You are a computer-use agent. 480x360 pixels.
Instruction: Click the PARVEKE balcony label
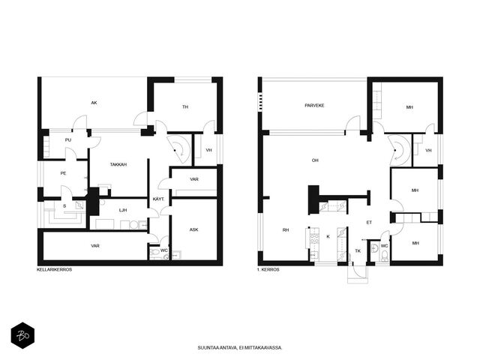(314, 105)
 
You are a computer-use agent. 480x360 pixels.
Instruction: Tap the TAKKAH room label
(118, 164)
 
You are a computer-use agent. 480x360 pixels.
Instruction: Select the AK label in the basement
(94, 103)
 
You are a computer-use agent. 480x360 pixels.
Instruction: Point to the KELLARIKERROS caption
(54, 270)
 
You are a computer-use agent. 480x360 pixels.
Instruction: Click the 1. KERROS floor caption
(268, 270)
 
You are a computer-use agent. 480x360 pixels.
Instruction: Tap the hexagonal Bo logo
(22, 335)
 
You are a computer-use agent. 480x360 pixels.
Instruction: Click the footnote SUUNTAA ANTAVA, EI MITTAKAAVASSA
(240, 348)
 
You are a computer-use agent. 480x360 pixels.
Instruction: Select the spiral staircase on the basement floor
(179, 150)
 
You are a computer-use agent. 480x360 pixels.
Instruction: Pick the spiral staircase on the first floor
(399, 150)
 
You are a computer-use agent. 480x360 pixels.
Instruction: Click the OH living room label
(315, 160)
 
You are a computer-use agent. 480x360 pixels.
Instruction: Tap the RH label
(286, 230)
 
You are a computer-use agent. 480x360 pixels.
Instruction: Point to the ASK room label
(193, 229)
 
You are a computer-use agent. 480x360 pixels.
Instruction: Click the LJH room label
(123, 210)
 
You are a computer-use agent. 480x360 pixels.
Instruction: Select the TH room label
(185, 106)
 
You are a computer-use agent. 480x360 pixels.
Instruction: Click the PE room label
(63, 173)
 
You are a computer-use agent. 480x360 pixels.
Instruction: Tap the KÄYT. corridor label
(158, 199)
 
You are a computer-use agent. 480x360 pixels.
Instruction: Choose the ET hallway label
(369, 222)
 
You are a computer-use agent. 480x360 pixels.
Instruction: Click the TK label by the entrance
(358, 250)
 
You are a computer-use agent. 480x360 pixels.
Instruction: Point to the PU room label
(68, 140)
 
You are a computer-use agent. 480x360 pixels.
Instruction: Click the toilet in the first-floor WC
(385, 256)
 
